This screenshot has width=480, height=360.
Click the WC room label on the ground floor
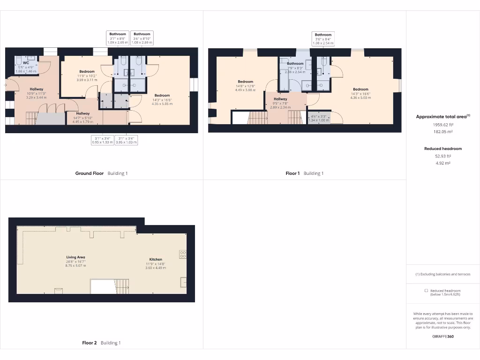click(x=26, y=62)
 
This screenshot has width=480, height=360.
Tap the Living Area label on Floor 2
click(x=75, y=257)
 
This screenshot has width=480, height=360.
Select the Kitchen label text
click(x=156, y=259)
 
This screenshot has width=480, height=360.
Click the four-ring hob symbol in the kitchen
click(x=182, y=254)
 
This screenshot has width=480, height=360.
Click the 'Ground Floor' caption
click(x=90, y=173)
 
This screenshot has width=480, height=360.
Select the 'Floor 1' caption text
click(x=292, y=173)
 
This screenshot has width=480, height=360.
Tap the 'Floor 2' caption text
click(x=89, y=343)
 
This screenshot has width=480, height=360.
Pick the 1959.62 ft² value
click(x=443, y=125)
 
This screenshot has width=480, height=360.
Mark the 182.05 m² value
click(x=443, y=132)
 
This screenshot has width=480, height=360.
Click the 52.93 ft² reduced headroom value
click(x=443, y=156)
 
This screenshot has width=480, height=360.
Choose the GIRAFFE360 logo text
click(x=443, y=336)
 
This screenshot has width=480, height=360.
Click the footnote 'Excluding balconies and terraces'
click(x=443, y=274)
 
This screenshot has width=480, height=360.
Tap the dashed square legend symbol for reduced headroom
click(x=426, y=291)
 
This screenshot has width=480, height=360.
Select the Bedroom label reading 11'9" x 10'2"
click(x=87, y=72)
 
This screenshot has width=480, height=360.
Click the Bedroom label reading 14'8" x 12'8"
click(x=245, y=82)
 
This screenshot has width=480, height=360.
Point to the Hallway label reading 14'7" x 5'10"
click(x=83, y=113)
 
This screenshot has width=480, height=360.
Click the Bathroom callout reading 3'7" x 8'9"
click(x=118, y=34)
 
